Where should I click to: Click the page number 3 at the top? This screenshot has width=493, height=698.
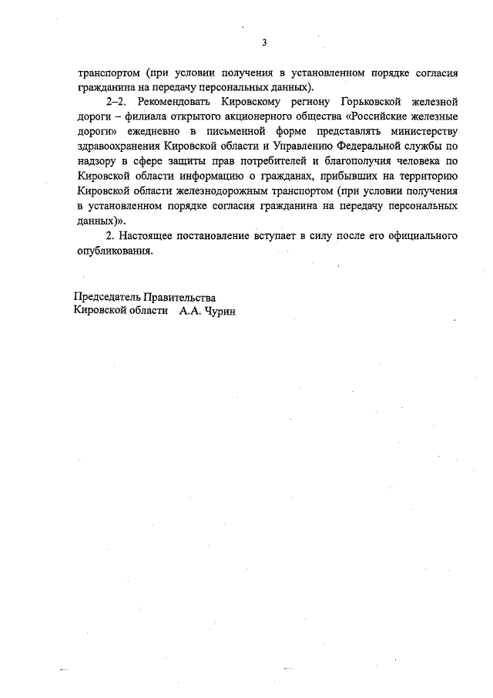click(x=263, y=42)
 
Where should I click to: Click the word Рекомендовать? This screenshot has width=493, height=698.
click(x=175, y=102)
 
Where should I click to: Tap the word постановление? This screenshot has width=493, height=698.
click(x=208, y=234)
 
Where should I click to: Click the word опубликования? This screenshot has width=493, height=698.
click(x=115, y=250)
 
